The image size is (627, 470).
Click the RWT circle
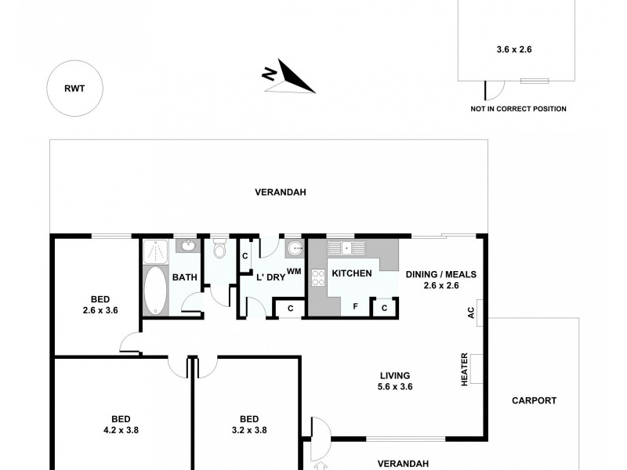(74, 89)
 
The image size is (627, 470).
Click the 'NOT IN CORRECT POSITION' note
(517, 109)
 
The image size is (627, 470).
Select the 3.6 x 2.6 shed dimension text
(514, 49)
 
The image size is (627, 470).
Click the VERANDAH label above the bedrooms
(279, 192)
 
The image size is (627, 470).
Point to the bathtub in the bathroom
(155, 289)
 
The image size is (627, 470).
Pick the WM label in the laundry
(295, 271)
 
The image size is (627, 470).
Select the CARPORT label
(534, 400)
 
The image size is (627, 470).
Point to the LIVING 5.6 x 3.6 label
(393, 380)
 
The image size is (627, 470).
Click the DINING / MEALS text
(440, 274)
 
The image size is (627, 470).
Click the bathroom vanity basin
(188, 247)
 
